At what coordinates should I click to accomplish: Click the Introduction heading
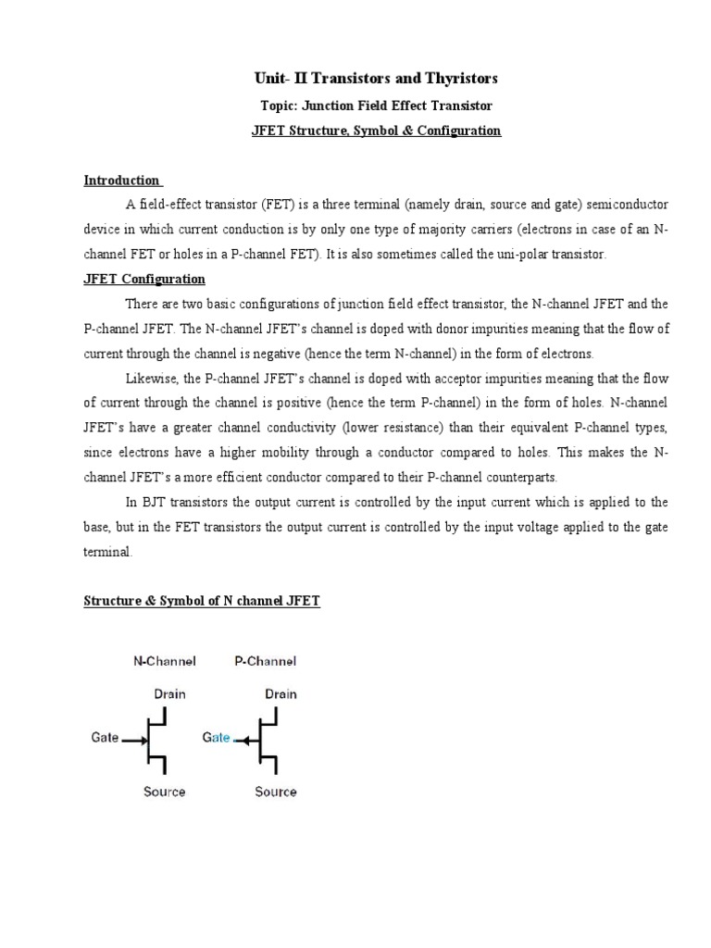tap(122, 180)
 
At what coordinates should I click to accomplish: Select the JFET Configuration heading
tap(144, 279)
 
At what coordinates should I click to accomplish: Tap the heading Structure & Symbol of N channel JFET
tap(202, 601)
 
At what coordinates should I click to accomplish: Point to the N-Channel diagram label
tap(165, 661)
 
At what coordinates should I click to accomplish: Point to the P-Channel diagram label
tap(265, 661)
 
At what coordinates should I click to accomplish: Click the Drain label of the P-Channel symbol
tap(281, 693)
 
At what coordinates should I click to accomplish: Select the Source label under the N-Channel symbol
tap(164, 792)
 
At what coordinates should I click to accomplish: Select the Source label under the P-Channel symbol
tap(276, 792)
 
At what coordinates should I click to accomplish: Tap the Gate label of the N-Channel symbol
tap(104, 739)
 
